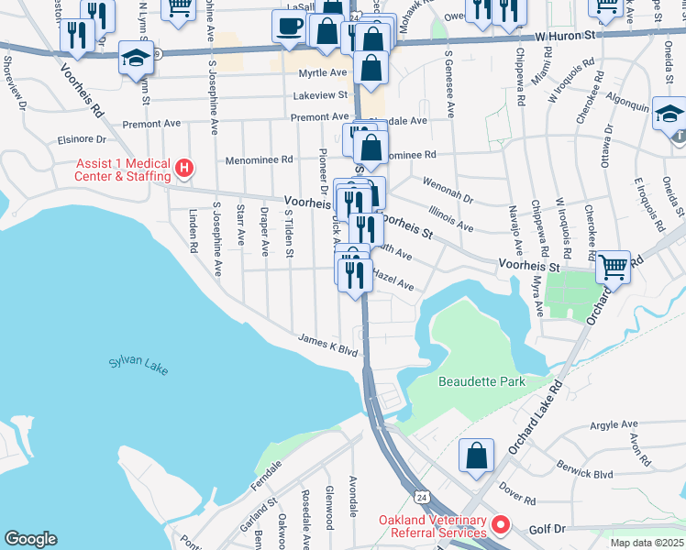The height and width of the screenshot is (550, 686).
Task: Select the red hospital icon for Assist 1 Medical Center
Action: point(184,168)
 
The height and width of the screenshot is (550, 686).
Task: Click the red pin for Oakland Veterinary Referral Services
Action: point(501,525)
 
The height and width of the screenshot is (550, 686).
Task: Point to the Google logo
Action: point(30,539)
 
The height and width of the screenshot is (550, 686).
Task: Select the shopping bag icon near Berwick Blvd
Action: point(477,456)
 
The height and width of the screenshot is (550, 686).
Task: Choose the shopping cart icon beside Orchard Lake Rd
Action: point(613,268)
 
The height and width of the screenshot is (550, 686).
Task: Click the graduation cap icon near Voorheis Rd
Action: point(136,59)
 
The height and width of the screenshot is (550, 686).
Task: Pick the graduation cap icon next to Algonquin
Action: point(669,115)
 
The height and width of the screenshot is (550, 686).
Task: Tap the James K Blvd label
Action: point(326,344)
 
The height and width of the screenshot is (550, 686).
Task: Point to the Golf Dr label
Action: point(548,530)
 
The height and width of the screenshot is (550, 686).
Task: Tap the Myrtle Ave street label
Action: point(324,72)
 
